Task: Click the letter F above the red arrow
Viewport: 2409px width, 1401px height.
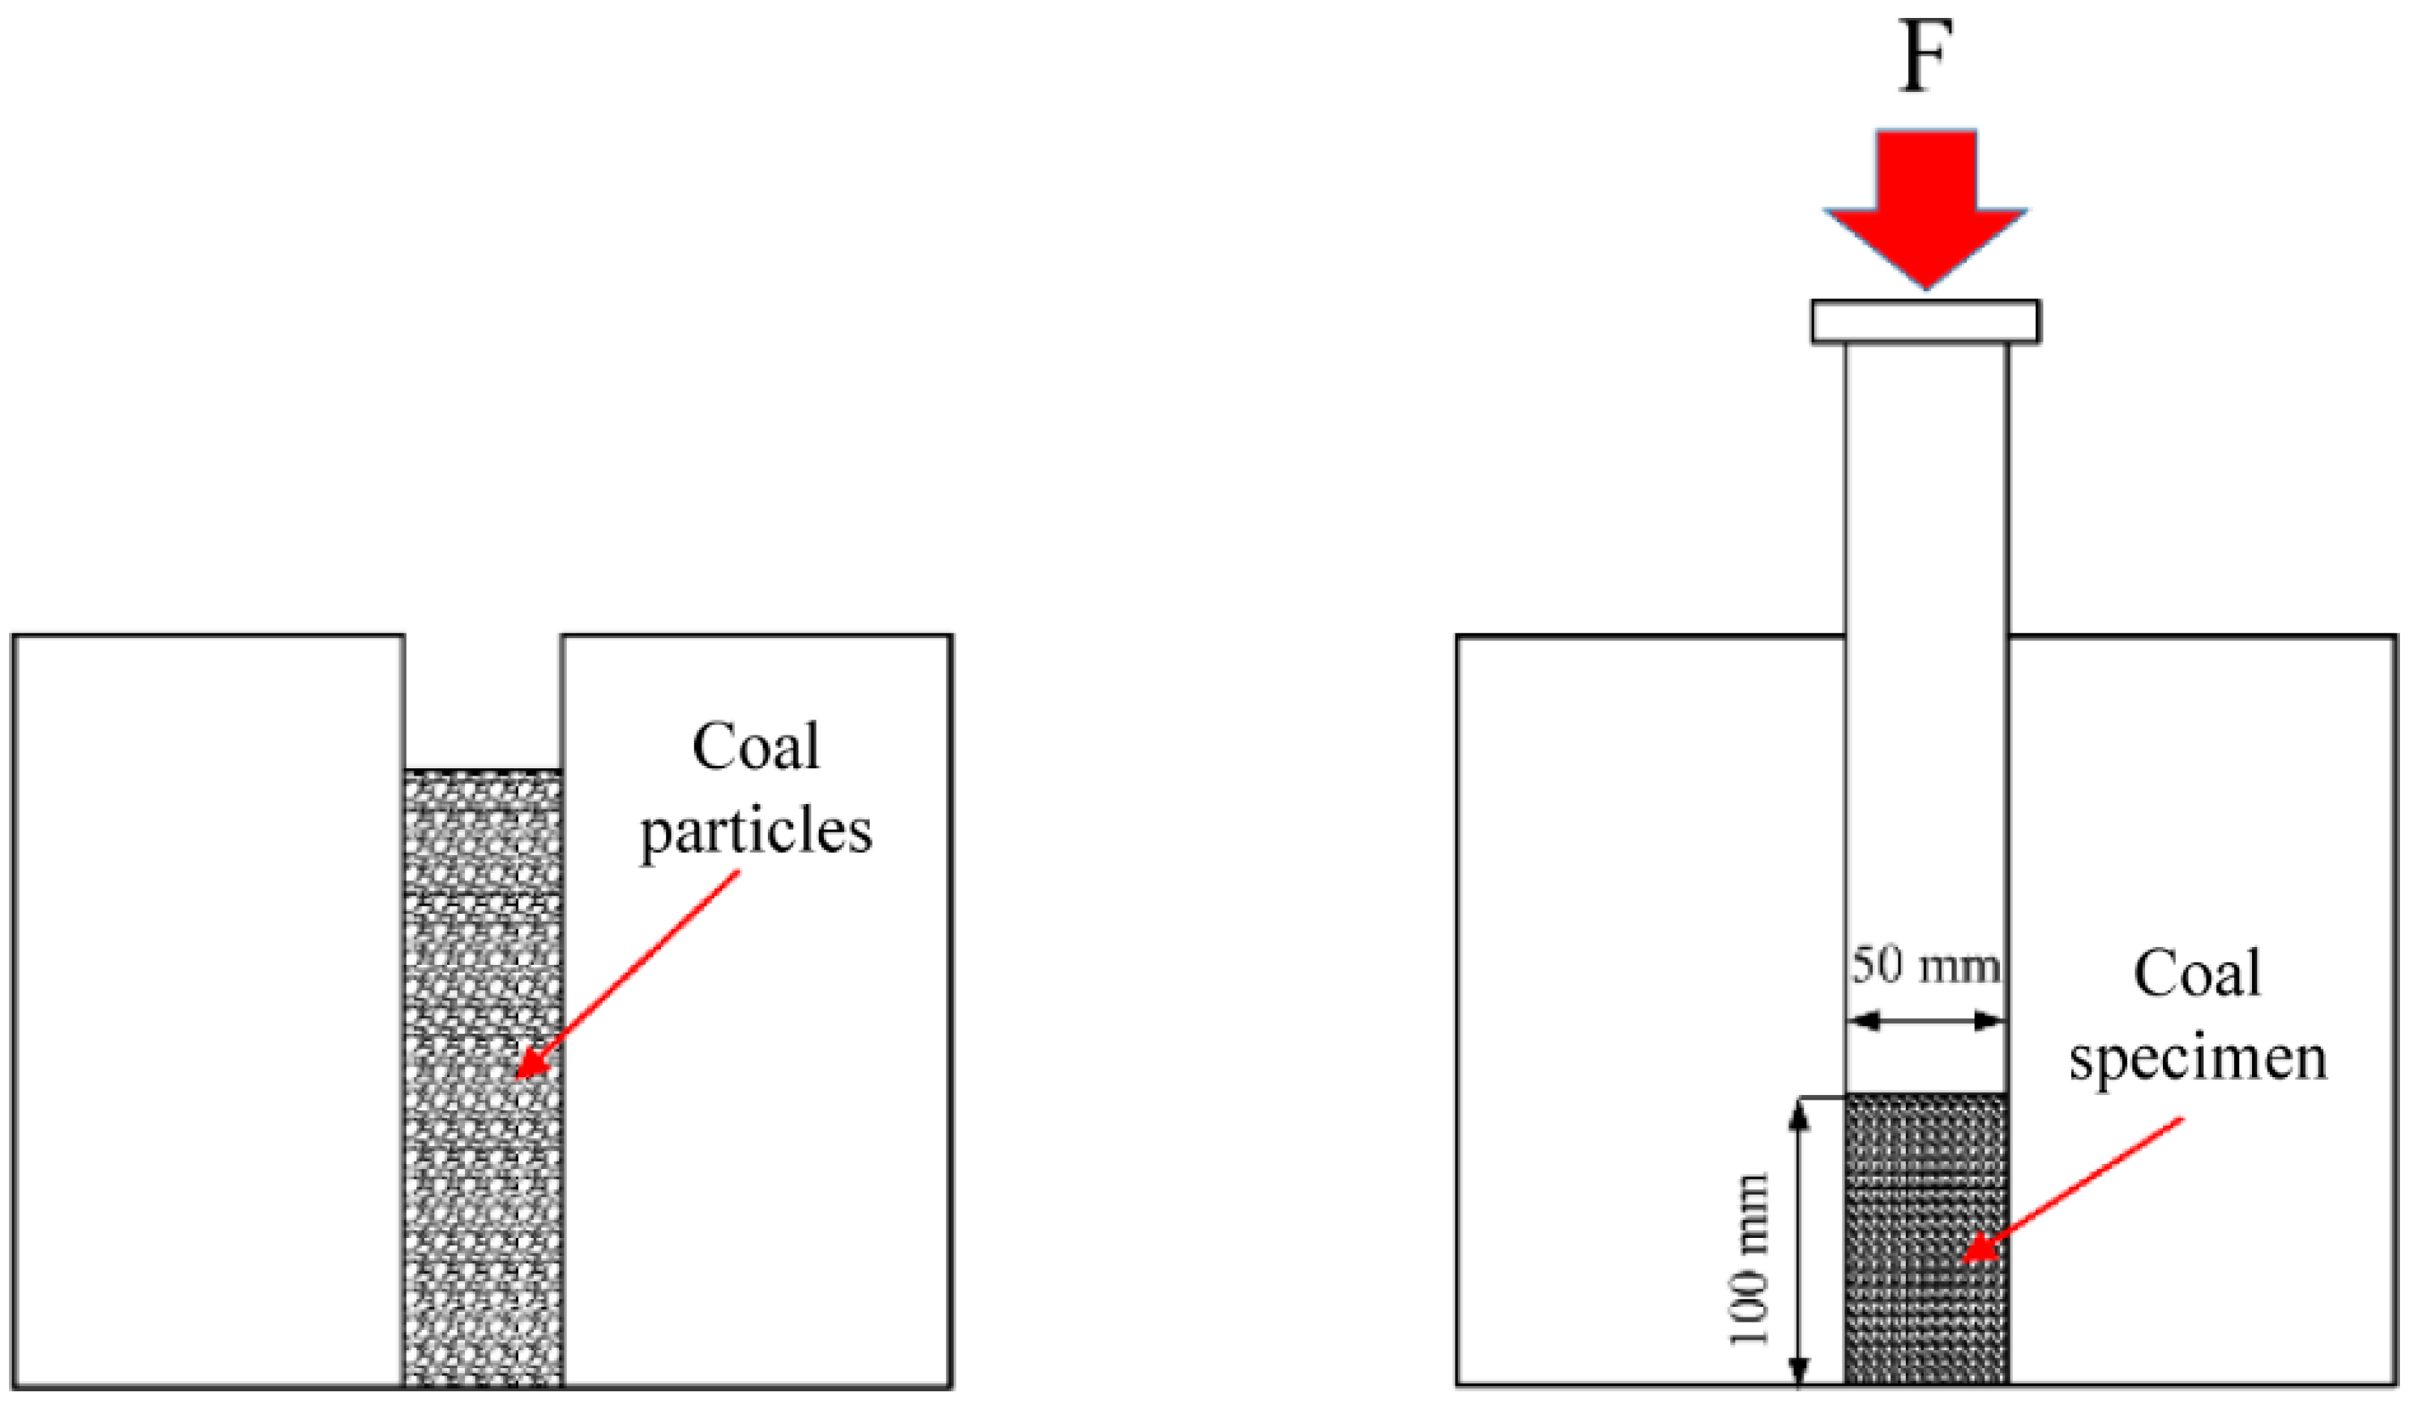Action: point(1923,58)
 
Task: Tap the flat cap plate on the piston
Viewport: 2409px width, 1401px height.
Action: point(1925,322)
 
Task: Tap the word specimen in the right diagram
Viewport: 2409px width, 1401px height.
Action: point(2197,1060)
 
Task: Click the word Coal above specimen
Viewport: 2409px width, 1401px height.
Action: point(2197,975)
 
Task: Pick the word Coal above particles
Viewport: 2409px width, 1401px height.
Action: point(755,747)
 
